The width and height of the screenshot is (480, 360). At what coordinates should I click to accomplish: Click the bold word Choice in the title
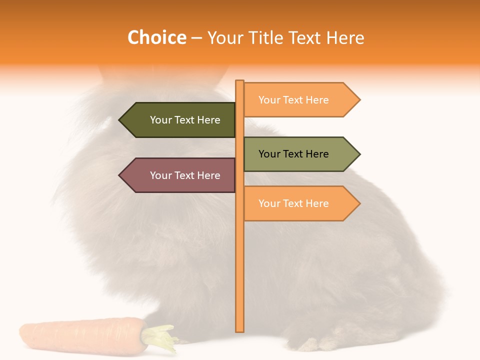tap(156, 38)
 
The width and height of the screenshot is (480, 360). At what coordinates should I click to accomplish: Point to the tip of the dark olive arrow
tap(120, 120)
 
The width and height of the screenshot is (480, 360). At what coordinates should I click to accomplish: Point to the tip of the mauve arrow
tap(120, 175)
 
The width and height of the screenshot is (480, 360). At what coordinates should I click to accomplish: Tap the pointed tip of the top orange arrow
tap(359, 100)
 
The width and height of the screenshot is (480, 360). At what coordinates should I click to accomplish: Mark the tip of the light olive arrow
tap(359, 154)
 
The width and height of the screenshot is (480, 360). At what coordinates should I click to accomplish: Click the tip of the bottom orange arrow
tap(359, 203)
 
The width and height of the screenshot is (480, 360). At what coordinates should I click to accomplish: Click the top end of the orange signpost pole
tap(239, 82)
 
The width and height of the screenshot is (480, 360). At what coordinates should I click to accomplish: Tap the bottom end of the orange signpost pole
tap(239, 330)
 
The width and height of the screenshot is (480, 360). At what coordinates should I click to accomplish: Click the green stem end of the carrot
tap(161, 336)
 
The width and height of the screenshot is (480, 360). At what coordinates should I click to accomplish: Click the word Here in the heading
tap(345, 38)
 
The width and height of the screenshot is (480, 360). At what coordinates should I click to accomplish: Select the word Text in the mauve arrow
tap(185, 175)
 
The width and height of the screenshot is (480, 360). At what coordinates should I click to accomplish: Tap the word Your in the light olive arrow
tap(269, 154)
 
